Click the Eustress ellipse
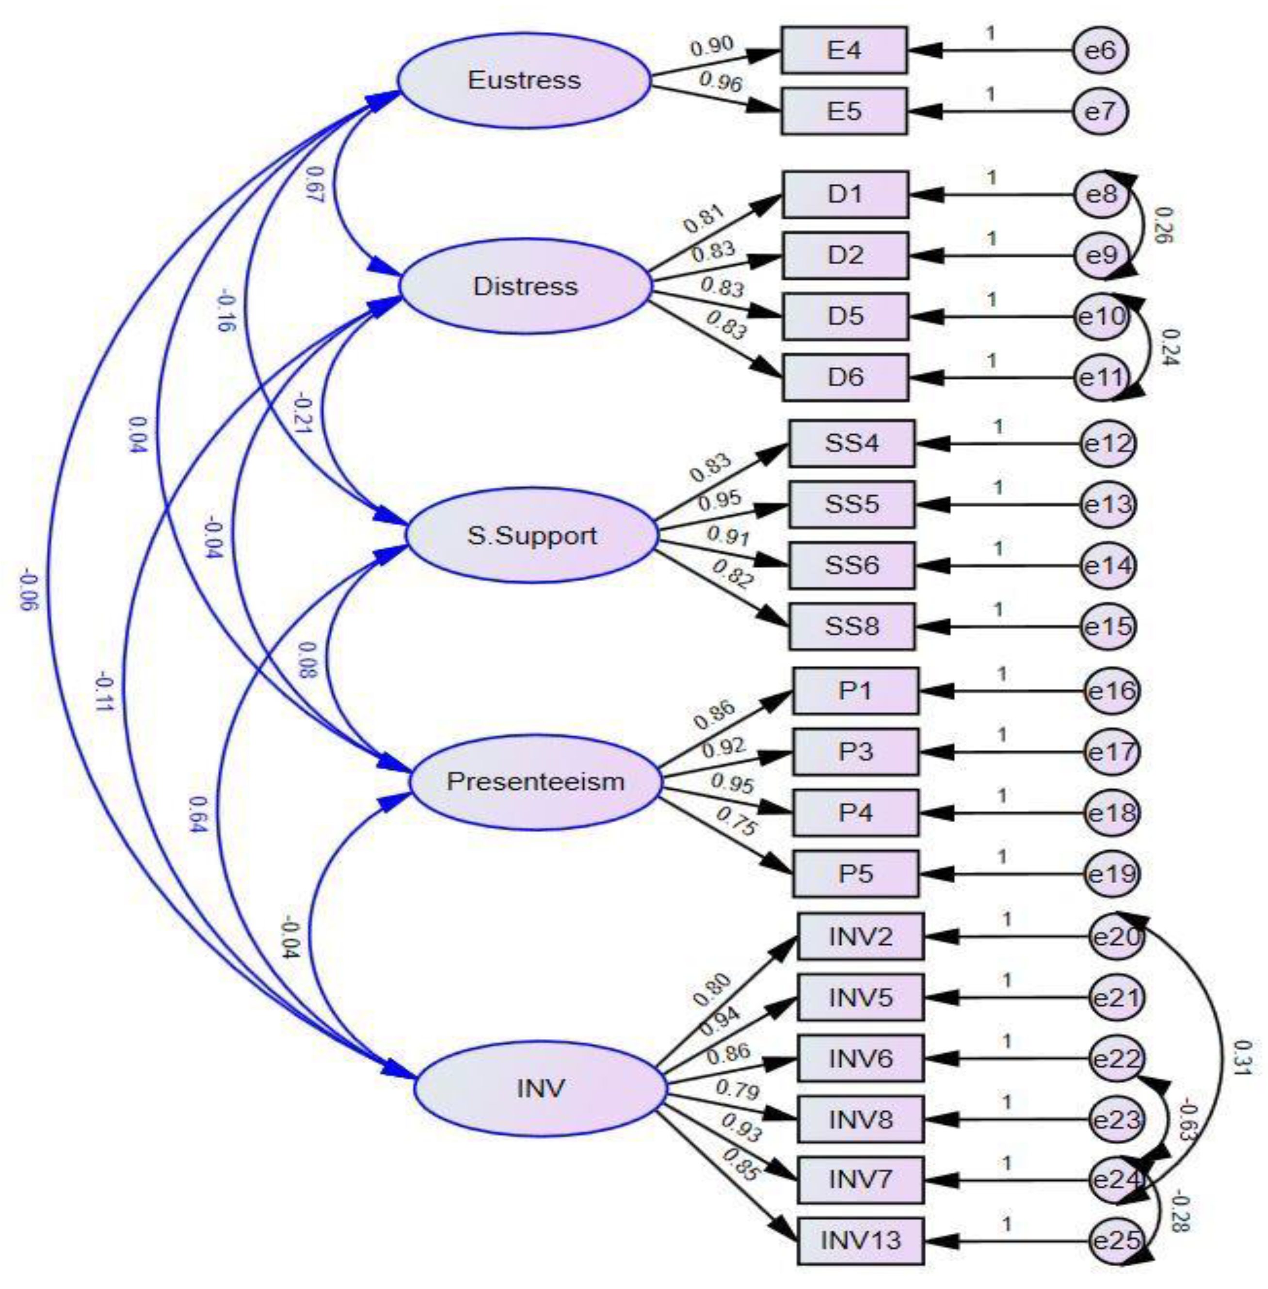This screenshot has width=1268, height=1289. coord(524,80)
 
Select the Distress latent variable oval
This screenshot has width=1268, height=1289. coord(526,286)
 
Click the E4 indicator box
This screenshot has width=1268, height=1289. coord(844,50)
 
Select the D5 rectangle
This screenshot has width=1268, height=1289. coord(845,316)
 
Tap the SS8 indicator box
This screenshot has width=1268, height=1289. coord(852,626)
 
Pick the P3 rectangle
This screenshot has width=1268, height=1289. coord(856,752)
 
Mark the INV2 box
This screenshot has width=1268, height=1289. coord(860,936)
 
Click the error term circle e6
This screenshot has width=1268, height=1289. coord(1100,50)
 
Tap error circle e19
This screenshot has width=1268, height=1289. coord(1112,874)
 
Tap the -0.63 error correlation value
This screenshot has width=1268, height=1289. coord(1187,1121)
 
